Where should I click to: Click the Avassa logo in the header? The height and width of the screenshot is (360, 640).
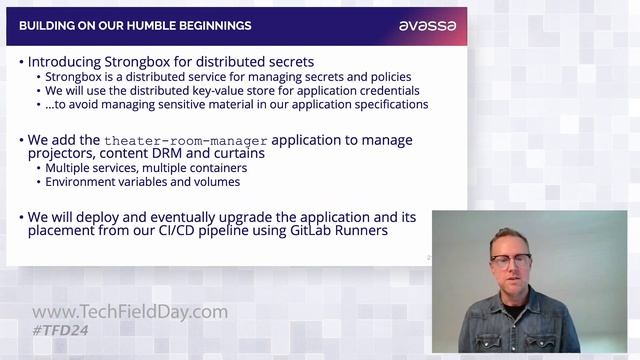[427, 25]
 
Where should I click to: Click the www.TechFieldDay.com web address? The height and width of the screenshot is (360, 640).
[130, 312]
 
